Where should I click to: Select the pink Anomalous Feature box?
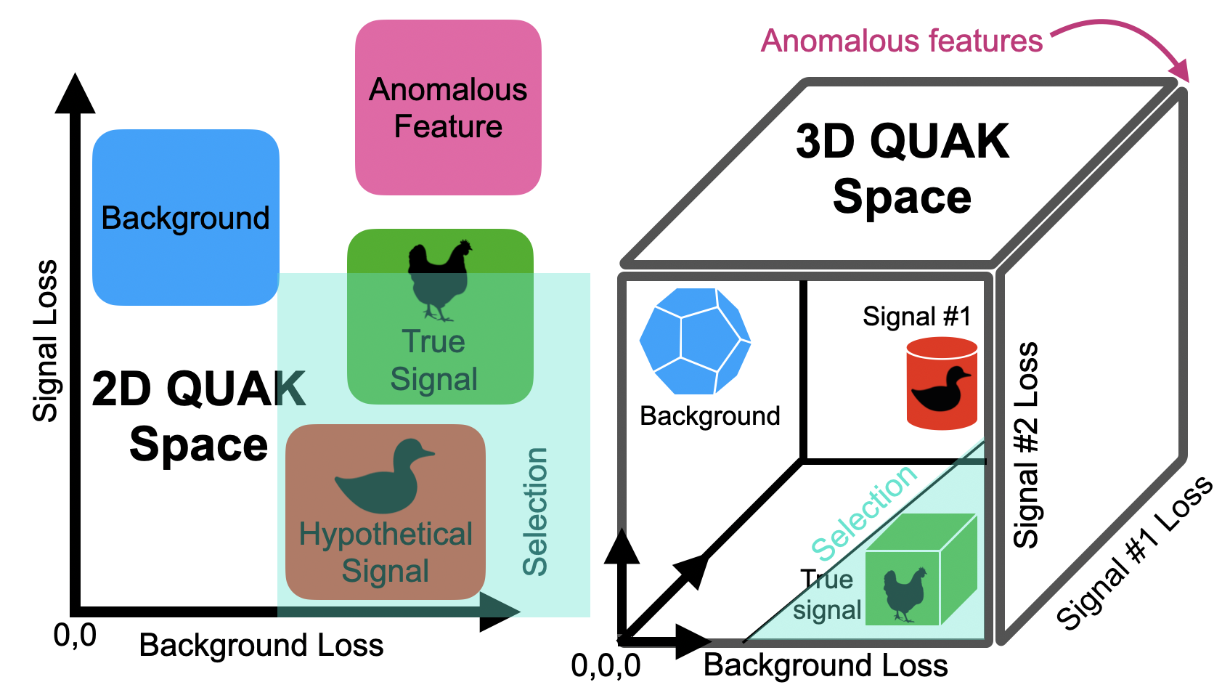tap(448, 107)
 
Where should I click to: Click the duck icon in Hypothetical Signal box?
tap(385, 477)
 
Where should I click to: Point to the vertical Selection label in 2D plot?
tap(535, 512)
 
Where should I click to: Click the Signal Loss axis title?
tap(45, 341)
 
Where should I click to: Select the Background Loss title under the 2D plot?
tap(261, 645)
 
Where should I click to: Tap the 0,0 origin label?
tap(75, 636)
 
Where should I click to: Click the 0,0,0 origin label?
tap(606, 665)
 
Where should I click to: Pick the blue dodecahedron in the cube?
tap(694, 341)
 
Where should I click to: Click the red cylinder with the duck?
tap(942, 383)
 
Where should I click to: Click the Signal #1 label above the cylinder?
tap(916, 317)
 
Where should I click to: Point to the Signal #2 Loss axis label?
tap(1026, 445)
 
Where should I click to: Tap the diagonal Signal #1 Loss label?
tap(1133, 553)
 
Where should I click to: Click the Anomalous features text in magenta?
tap(901, 41)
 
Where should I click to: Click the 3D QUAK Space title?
tap(902, 169)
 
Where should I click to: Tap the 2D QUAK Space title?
tap(197, 416)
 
